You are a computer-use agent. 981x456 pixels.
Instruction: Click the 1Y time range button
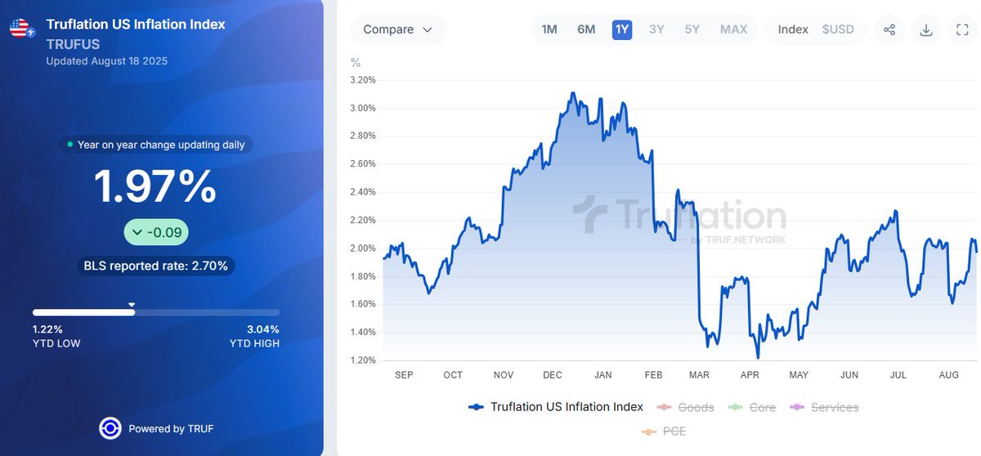(622, 29)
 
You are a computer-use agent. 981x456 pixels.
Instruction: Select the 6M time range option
(586, 29)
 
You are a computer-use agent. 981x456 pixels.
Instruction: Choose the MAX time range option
(733, 29)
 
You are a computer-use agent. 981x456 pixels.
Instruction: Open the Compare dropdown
(398, 29)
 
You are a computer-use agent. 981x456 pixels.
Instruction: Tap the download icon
(926, 30)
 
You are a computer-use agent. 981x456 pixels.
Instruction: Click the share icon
(889, 30)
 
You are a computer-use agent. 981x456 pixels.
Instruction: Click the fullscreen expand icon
(962, 30)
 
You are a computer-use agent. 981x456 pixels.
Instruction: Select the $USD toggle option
(838, 29)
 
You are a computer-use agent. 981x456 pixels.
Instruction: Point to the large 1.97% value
(155, 186)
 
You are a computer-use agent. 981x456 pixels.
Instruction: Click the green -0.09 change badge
(156, 233)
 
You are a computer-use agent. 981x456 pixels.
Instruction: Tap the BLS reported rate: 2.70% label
(155, 266)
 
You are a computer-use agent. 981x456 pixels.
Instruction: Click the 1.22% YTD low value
(47, 329)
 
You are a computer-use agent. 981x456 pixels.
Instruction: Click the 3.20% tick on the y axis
(362, 80)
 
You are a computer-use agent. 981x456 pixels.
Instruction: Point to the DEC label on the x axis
(553, 375)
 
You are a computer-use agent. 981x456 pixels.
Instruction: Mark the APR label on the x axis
(750, 375)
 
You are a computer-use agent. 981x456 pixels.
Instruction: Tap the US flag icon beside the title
(21, 29)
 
